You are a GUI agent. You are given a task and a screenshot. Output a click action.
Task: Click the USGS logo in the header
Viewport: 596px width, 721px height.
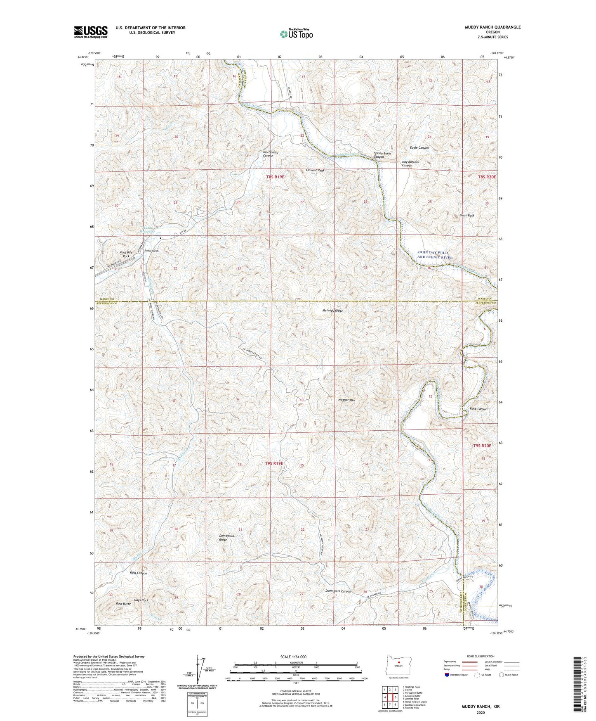(x=91, y=32)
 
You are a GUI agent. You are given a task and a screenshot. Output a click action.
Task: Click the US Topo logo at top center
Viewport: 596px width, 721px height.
(x=296, y=34)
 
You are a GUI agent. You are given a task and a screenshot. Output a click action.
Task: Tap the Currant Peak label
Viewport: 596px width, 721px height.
(x=315, y=171)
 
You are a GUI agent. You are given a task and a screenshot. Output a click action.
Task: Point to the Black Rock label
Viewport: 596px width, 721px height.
(x=467, y=216)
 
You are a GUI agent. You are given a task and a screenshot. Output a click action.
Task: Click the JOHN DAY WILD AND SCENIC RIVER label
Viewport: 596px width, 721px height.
(x=435, y=255)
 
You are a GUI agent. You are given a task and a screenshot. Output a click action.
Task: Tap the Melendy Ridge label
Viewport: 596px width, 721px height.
(x=332, y=311)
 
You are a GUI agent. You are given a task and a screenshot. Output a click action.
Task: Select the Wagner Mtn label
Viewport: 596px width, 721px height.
(x=346, y=400)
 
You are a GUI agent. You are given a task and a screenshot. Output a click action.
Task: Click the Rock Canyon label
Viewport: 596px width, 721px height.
(x=478, y=409)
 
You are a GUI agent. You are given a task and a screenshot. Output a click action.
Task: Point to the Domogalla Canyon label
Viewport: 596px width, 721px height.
(x=338, y=591)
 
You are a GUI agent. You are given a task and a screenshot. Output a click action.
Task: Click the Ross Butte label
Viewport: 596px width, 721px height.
(x=123, y=604)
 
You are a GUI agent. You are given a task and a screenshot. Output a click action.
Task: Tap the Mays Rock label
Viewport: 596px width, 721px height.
(x=141, y=600)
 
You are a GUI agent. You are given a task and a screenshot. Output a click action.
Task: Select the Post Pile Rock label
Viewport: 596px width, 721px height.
(x=125, y=254)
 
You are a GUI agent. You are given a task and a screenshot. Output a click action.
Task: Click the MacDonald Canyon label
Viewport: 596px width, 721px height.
(x=271, y=154)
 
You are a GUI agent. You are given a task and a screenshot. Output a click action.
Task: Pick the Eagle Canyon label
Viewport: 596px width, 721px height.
(x=419, y=147)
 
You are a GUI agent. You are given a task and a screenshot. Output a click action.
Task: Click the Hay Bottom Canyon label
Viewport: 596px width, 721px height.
(x=410, y=164)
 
